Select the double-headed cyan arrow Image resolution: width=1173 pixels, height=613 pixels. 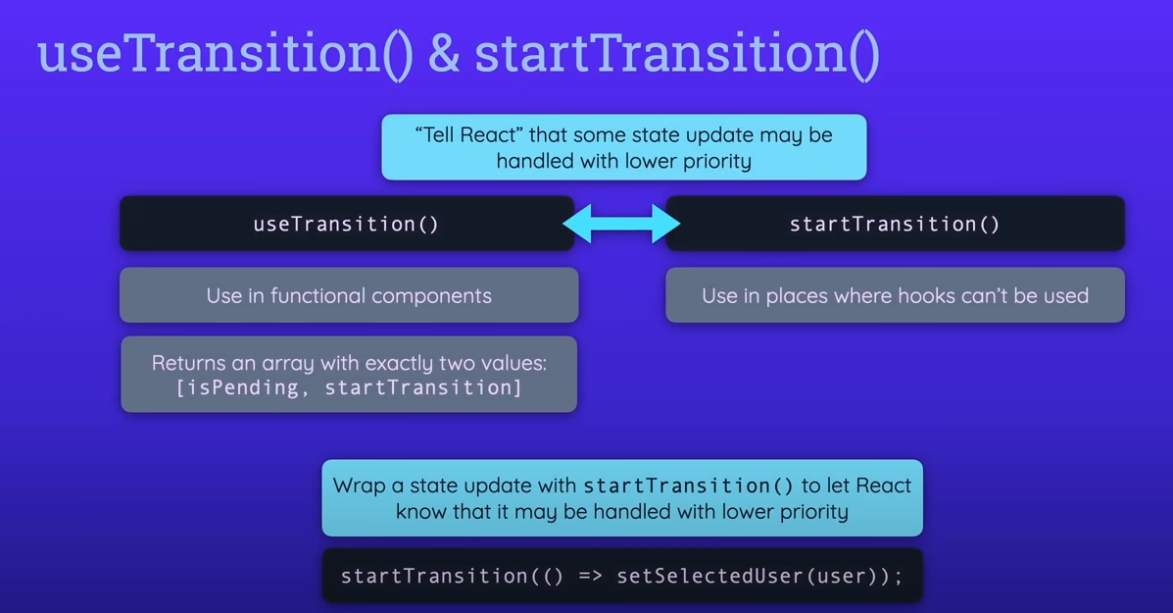coord(621,224)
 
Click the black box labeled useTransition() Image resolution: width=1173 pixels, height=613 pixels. coord(346,224)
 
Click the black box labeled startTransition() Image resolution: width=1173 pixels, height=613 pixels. coord(895,224)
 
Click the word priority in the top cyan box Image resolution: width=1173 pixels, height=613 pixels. coord(714,161)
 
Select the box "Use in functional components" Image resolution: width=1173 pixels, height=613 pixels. coord(349,295)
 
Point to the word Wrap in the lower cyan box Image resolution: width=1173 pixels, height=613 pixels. coord(359,485)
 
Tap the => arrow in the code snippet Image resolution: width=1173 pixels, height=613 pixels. coord(590,576)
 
